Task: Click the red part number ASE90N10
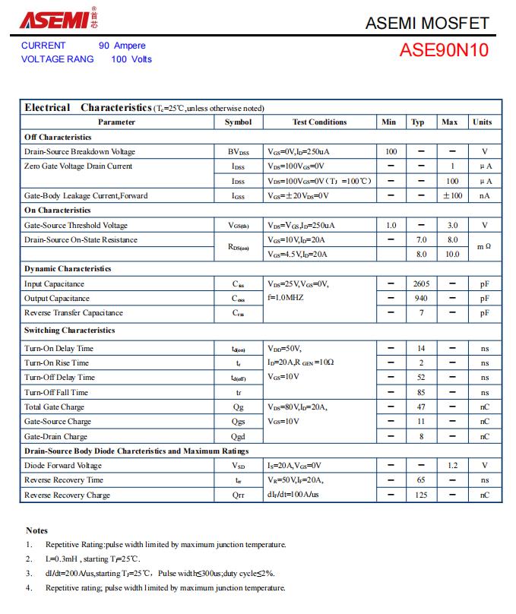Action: (444, 51)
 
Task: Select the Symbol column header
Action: (238, 122)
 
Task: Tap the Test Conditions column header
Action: (319, 122)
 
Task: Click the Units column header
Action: (483, 122)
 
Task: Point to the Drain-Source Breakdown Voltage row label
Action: (80, 151)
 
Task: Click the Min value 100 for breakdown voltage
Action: (391, 151)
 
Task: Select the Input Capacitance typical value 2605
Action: (421, 283)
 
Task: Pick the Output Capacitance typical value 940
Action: (421, 298)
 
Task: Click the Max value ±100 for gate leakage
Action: (453, 195)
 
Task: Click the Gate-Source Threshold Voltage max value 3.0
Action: (453, 225)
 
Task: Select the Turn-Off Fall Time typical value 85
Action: (421, 392)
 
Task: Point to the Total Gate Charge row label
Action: (54, 407)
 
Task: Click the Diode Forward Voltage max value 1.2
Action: (453, 465)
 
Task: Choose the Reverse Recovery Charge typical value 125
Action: (421, 495)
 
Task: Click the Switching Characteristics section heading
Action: (70, 330)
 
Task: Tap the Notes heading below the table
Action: (36, 530)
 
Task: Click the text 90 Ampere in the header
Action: (122, 46)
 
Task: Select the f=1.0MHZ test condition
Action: (286, 298)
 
